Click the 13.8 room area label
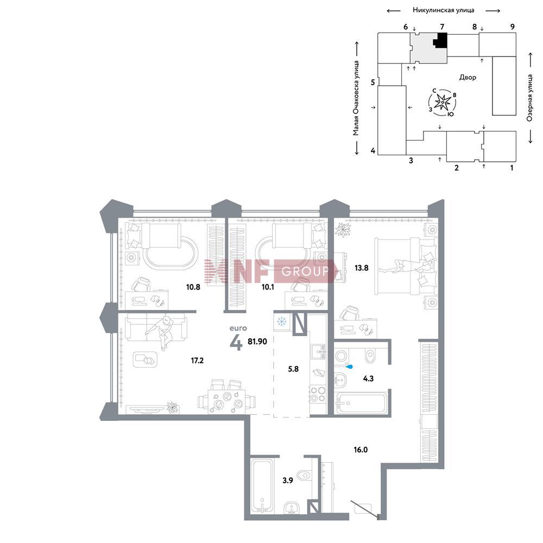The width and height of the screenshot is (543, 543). pyautogui.click(x=361, y=268)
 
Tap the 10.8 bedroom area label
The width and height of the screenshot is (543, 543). pyautogui.click(x=193, y=287)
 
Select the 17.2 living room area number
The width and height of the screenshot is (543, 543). pyautogui.click(x=197, y=361)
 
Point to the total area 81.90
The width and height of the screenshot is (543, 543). pyautogui.click(x=257, y=342)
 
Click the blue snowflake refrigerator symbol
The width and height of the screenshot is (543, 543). pyautogui.click(x=282, y=321)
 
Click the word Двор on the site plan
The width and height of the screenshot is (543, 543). pyautogui.click(x=468, y=77)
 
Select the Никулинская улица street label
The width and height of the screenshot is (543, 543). pyautogui.click(x=443, y=10)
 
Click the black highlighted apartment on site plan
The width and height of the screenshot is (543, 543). pyautogui.click(x=440, y=41)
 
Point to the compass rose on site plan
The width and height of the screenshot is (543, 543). pyautogui.click(x=443, y=102)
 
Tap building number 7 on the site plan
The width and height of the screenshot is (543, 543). pyautogui.click(x=442, y=27)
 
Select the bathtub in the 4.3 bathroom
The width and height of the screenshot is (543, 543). pyautogui.click(x=361, y=403)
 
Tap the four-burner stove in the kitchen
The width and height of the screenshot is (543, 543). pyautogui.click(x=318, y=394)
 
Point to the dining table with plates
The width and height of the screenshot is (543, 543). pyautogui.click(x=226, y=401)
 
